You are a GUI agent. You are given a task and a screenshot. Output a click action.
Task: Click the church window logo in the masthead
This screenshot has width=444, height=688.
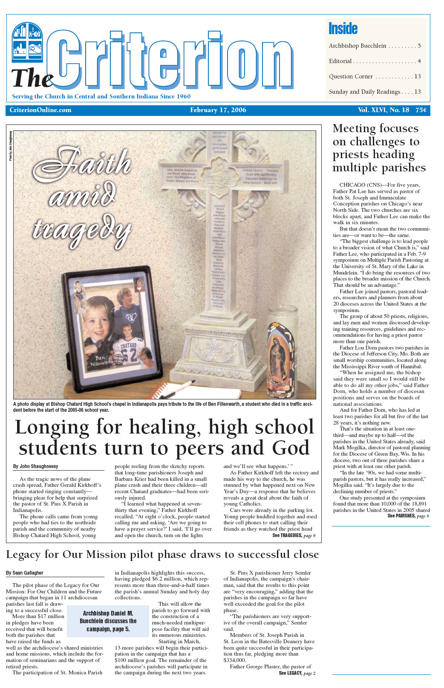(27, 41)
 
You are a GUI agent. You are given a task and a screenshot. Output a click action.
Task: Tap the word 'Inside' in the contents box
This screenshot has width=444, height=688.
(343, 29)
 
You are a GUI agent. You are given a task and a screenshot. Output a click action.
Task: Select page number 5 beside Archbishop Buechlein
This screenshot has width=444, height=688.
(419, 46)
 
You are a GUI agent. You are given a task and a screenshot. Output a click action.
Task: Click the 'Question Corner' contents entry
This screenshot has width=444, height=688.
(351, 77)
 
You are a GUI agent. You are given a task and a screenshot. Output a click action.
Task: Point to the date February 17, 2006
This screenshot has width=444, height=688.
(218, 110)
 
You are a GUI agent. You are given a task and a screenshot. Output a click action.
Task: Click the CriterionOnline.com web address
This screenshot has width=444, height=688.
(40, 110)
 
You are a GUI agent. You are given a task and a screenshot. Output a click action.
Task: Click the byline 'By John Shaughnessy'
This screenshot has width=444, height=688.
(35, 466)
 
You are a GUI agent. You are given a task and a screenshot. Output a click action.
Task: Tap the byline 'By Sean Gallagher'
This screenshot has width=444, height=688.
(25, 573)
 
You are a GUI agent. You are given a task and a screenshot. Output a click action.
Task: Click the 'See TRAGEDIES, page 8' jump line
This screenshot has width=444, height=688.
(294, 535)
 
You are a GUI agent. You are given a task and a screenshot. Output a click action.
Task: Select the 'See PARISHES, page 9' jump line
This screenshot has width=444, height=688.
(408, 516)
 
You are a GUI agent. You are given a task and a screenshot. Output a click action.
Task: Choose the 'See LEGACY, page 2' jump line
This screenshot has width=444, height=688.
(297, 673)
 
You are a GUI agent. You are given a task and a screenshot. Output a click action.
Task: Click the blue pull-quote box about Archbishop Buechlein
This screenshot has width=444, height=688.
(108, 621)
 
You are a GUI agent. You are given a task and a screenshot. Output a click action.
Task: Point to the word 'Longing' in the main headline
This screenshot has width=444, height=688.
(52, 427)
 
